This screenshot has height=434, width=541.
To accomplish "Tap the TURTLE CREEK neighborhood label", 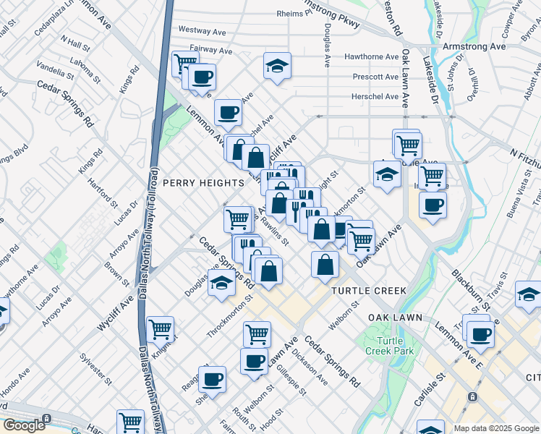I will tap(368, 290).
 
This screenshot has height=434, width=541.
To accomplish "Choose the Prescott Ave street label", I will tap(375, 77).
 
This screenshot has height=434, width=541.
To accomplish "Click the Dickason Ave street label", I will tap(310, 368).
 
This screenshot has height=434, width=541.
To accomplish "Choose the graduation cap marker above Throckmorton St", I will tap(222, 283).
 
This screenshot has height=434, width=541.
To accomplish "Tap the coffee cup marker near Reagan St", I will tap(213, 378).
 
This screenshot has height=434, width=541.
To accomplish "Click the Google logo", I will tap(24, 426).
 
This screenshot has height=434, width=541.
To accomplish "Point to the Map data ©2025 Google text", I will tap(496, 428).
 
